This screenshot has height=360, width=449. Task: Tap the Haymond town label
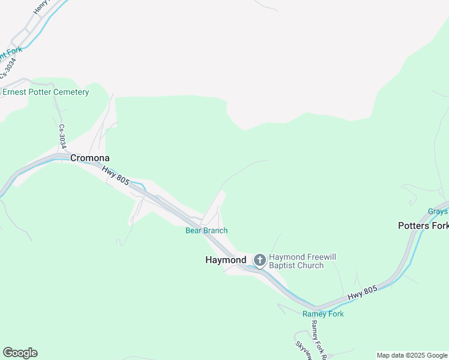pos(226,260)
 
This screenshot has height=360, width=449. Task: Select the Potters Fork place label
pos(423,226)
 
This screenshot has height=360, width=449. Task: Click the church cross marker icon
pos(260,260)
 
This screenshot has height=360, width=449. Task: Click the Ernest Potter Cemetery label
pos(46,92)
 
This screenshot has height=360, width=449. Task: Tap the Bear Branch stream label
pos(206,230)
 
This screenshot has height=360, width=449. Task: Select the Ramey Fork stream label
pos(323,314)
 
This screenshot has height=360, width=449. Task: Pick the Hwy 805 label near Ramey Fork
pos(362,293)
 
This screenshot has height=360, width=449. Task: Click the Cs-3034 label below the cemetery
pos(62,137)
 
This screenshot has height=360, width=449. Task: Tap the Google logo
pos(20,353)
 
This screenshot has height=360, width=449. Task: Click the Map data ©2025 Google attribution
pos(412,355)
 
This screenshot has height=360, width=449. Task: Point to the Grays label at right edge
pos(438,212)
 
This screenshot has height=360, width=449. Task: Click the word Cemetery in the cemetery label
pos(70,92)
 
